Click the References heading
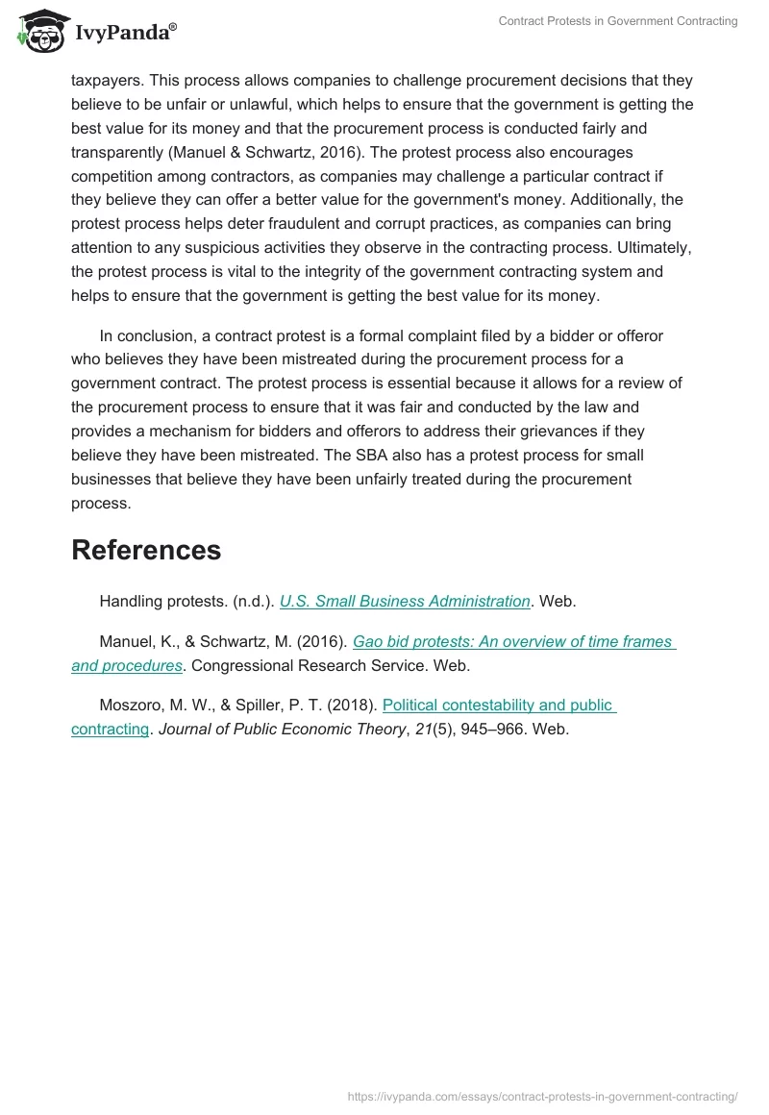[146, 550]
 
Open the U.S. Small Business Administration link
[405, 601]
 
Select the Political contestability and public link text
[498, 705]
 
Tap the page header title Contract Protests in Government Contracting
[618, 21]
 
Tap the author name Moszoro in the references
[131, 705]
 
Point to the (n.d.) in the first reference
[254, 601]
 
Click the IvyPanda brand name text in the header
[125, 33]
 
